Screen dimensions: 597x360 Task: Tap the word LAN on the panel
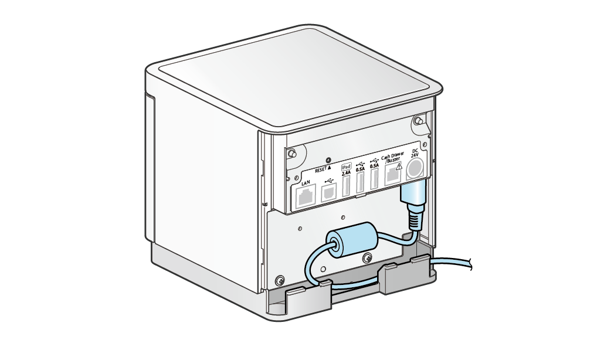tap(306, 183)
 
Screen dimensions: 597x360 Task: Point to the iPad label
tap(346, 167)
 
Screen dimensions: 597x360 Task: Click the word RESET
tap(321, 170)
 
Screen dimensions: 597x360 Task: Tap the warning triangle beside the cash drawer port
tap(399, 167)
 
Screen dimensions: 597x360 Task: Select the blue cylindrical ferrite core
tap(352, 239)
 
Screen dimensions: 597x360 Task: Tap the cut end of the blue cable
tap(471, 263)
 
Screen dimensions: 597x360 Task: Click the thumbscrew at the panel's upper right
tap(419, 121)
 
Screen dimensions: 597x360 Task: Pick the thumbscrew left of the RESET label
tap(292, 154)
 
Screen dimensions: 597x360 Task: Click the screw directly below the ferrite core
tap(368, 258)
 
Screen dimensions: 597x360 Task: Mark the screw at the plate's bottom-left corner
tap(280, 280)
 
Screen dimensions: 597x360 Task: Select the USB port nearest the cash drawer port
tap(374, 178)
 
